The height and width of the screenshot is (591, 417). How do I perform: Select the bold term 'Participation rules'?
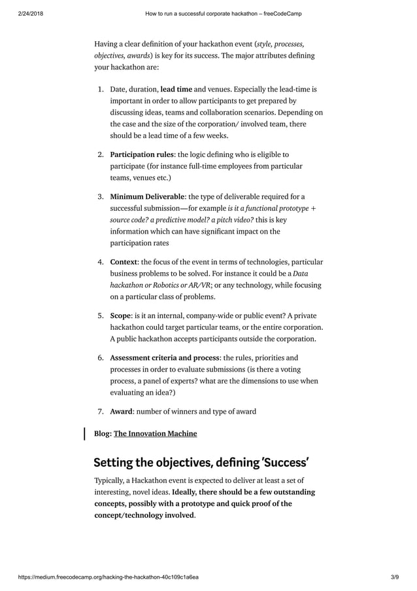click(x=141, y=154)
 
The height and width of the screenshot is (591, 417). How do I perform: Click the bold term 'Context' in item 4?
click(x=124, y=262)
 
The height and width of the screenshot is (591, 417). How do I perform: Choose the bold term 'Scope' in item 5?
click(x=120, y=315)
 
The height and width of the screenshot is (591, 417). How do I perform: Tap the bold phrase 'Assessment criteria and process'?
click(x=165, y=358)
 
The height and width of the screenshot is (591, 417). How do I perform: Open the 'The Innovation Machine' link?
click(x=155, y=433)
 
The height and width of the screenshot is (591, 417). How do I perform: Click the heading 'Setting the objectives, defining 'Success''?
click(x=201, y=463)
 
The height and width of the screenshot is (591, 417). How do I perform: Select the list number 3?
click(x=101, y=196)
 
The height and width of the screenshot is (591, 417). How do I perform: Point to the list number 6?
click(x=101, y=358)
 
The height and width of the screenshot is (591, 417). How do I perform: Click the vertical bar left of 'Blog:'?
click(x=84, y=433)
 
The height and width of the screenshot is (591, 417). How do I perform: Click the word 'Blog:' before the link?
click(x=103, y=433)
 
